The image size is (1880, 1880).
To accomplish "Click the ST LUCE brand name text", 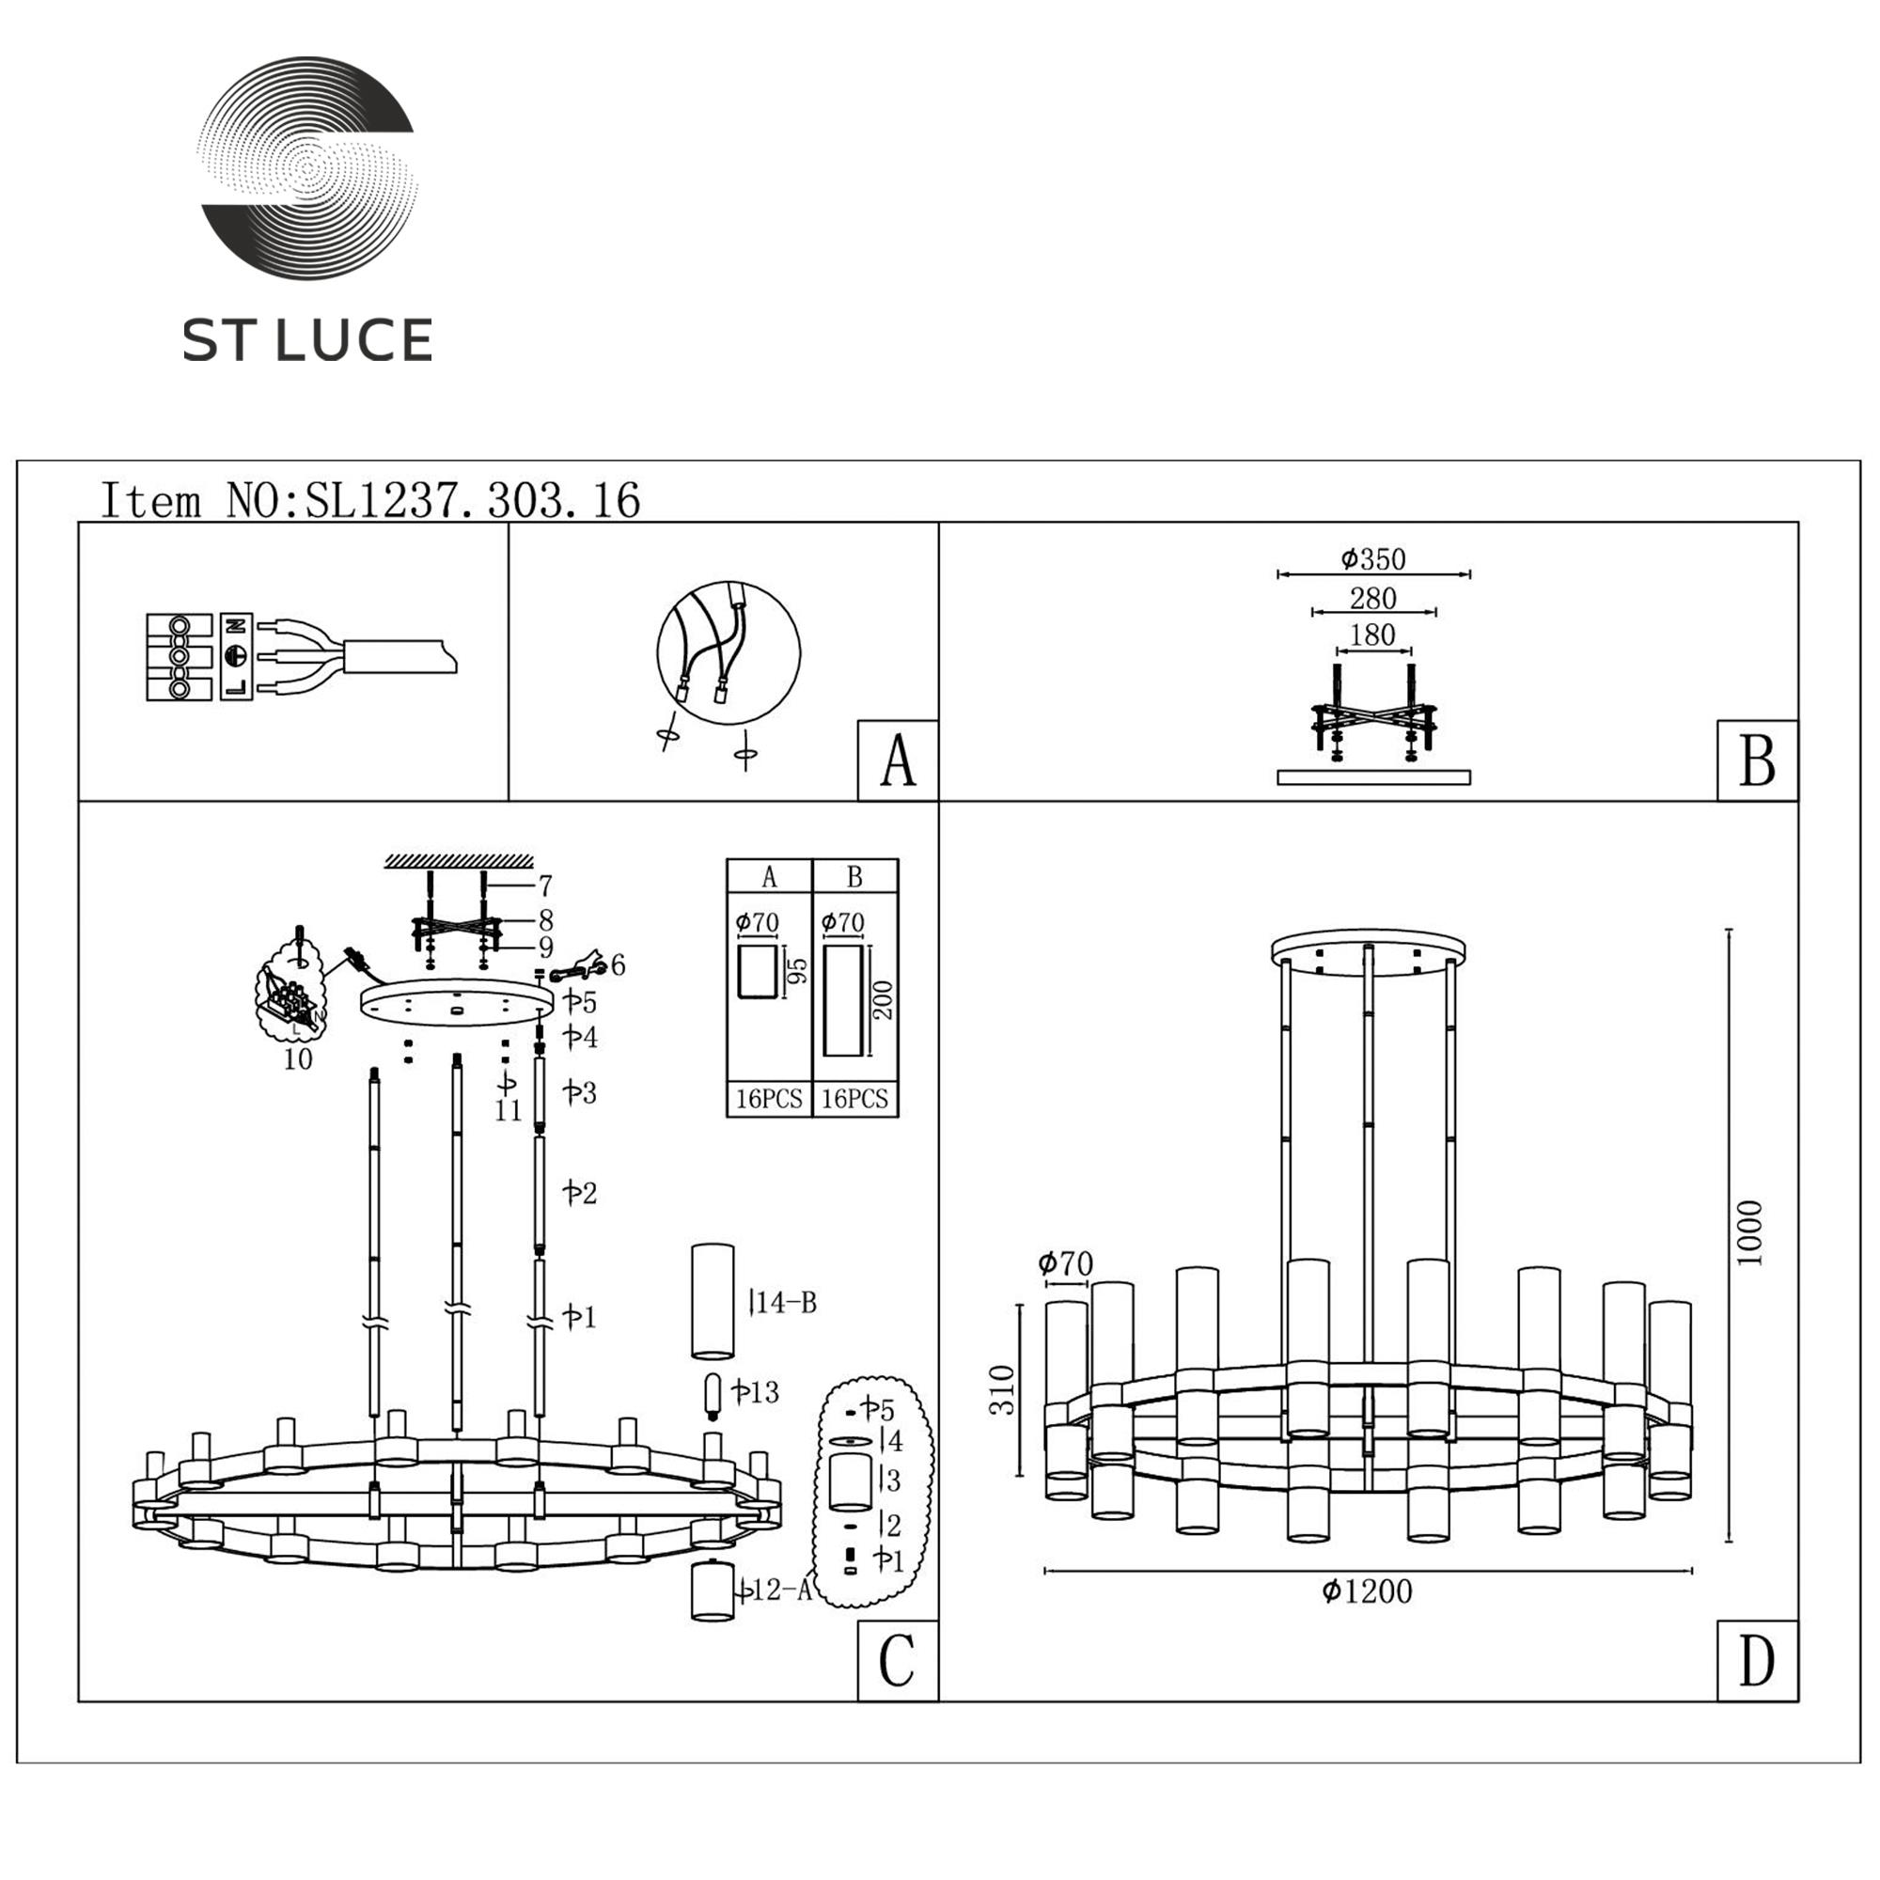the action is tap(307, 340).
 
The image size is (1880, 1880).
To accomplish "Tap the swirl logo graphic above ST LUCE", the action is tap(307, 167).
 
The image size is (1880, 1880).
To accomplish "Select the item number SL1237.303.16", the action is tap(473, 500).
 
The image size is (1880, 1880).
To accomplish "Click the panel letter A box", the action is tap(897, 761).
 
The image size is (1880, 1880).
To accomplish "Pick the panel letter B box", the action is tap(1758, 761).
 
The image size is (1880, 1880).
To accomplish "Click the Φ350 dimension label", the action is tap(1373, 559).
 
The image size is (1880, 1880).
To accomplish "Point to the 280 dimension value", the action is tap(1373, 599).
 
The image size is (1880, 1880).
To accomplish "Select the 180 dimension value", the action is tap(1373, 635).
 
